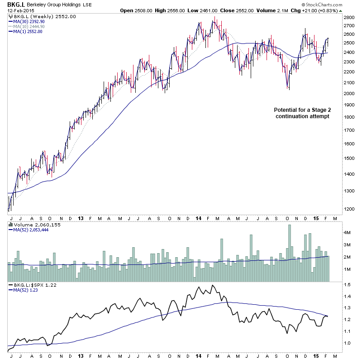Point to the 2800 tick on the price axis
[349, 17]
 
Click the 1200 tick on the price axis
[349, 209]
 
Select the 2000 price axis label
[349, 94]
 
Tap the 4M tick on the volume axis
[347, 232]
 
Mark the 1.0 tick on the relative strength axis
[347, 343]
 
